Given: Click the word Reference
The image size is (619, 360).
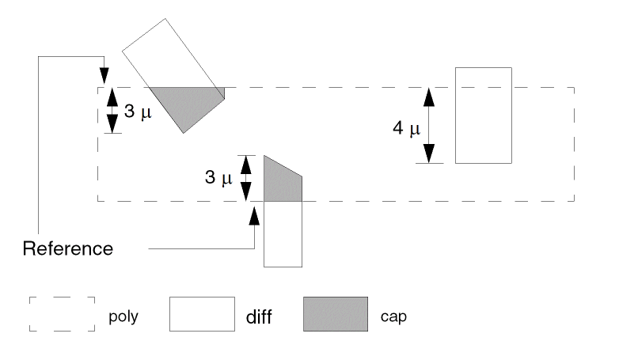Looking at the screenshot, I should (x=68, y=248).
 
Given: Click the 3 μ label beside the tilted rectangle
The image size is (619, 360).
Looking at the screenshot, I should (x=137, y=112).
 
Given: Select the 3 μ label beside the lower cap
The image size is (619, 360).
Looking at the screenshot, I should (x=218, y=179).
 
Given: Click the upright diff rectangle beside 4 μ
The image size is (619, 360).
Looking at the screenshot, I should (x=481, y=116).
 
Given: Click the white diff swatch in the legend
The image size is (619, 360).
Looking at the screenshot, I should (x=202, y=313).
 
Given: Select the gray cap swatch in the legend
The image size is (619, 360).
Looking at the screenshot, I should (x=335, y=313).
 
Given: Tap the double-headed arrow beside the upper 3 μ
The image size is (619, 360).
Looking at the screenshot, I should (x=112, y=110).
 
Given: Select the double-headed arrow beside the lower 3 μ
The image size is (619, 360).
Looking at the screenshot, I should (x=245, y=178).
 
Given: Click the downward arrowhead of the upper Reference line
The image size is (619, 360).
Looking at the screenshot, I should (x=104, y=74).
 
